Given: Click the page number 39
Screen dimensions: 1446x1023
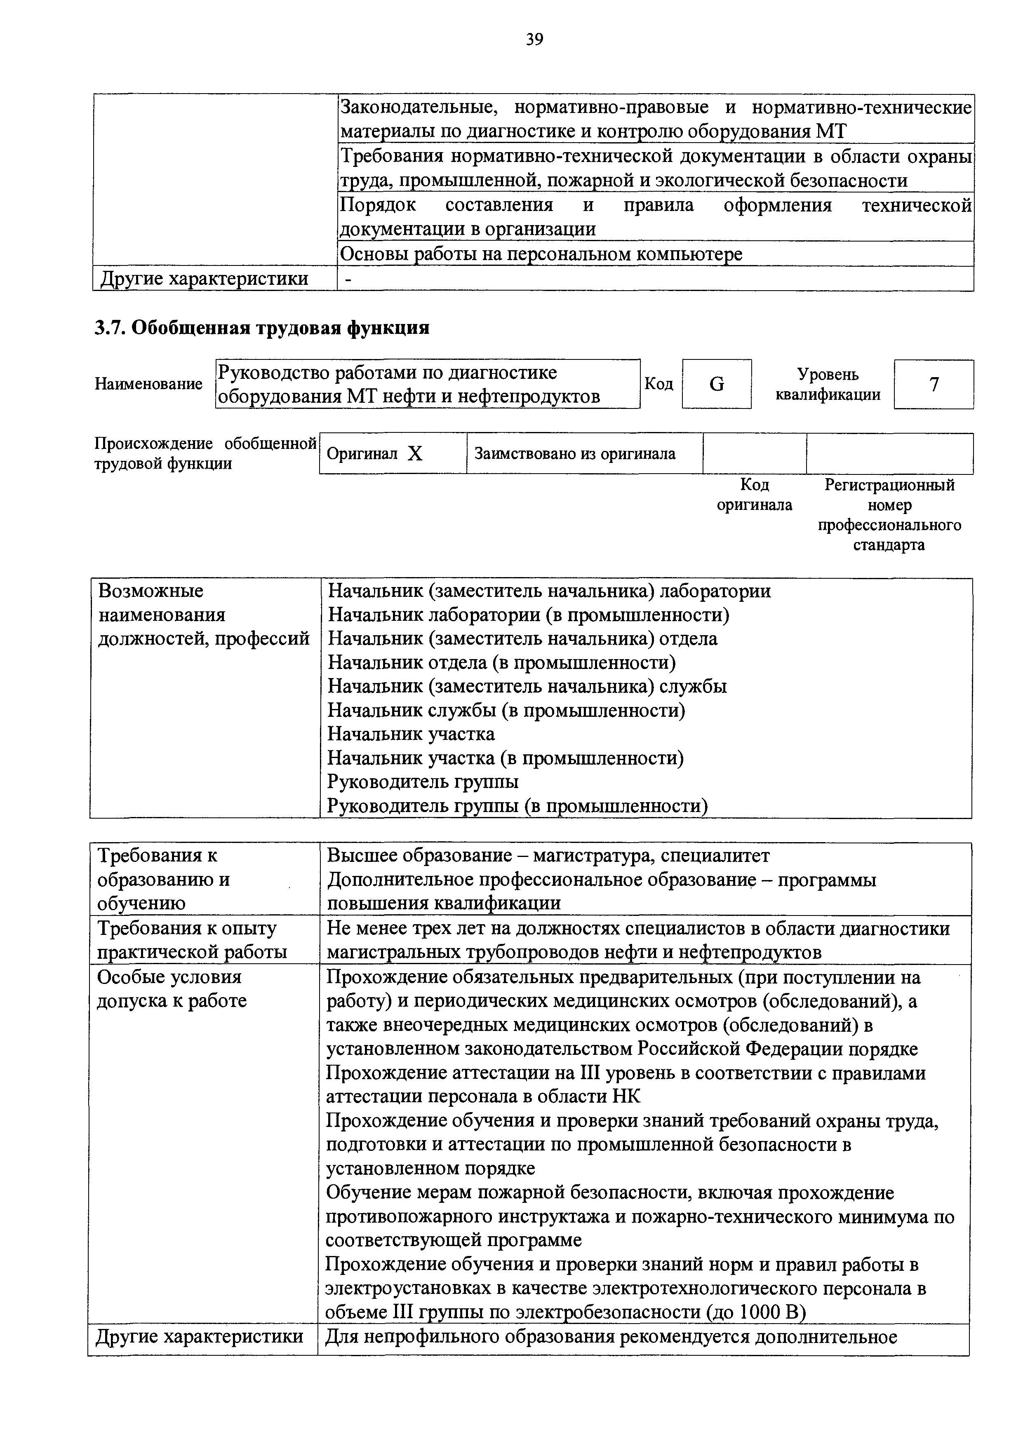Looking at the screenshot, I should tap(534, 40).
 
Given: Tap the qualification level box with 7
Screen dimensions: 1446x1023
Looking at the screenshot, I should tap(934, 384).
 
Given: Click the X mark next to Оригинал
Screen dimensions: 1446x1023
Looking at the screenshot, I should tap(414, 453).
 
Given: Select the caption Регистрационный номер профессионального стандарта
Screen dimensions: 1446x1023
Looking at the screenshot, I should tap(889, 514).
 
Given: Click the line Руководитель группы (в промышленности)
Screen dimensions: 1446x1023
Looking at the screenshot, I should tap(518, 805).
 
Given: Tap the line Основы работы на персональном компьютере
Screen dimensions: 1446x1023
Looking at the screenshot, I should tap(541, 254).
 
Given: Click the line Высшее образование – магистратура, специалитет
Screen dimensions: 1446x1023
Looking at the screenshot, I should tap(548, 855).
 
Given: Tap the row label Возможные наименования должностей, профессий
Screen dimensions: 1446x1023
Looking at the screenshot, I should tap(203, 615).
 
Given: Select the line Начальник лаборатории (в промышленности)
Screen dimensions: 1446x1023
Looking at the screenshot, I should tap(529, 615).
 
